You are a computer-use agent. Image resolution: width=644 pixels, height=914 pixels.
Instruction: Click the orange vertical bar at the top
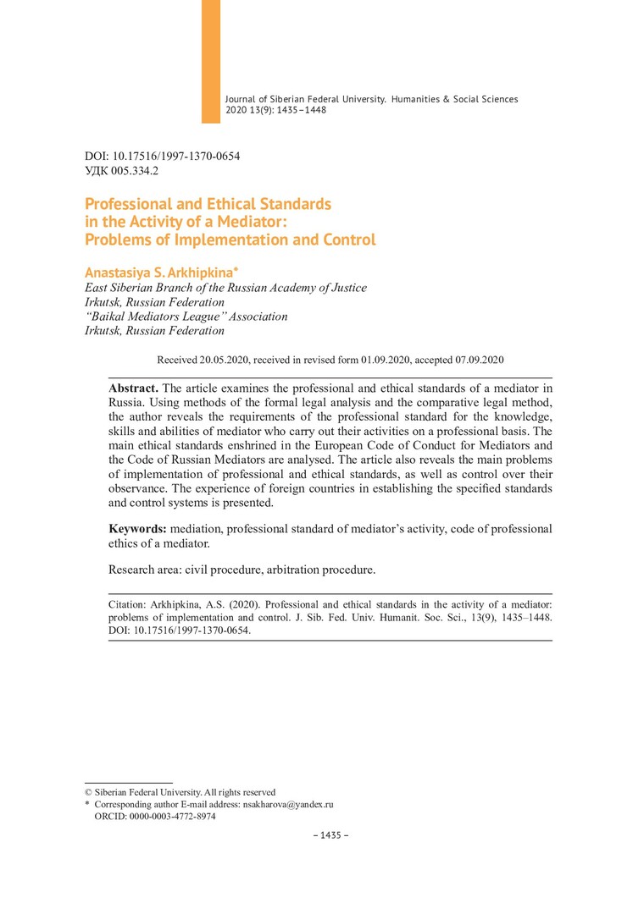coord(210,61)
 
